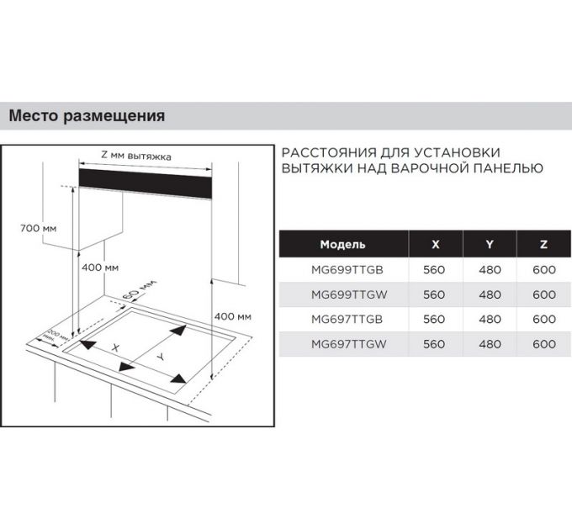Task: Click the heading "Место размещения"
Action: pos(87,116)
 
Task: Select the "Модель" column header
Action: pos(343,245)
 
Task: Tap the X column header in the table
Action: pos(434,245)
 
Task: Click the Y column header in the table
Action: pos(490,245)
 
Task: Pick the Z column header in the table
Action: pos(544,245)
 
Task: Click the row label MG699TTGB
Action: pos(343,270)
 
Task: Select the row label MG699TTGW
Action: pos(343,294)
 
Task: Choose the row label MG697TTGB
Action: pos(343,319)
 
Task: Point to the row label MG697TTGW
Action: pos(343,343)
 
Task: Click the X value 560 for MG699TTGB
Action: pos(434,270)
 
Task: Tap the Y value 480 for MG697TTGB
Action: pos(490,319)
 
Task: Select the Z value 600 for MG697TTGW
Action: pos(544,343)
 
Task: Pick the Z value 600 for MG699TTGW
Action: pos(544,294)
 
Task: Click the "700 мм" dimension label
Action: pos(38,228)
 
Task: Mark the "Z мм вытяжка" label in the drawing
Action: pos(136,156)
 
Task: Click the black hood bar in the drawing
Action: pos(143,181)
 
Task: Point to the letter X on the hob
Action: pos(117,347)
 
